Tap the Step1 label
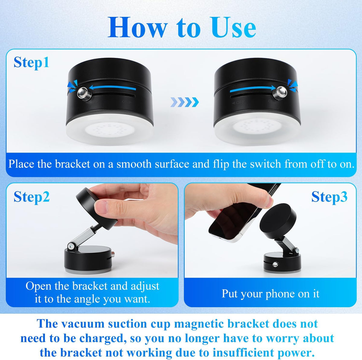pos(31,62)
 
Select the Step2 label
pos(31,197)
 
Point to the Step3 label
pos(329,197)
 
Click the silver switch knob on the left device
pos(82,93)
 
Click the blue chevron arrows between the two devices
pos(184,102)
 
